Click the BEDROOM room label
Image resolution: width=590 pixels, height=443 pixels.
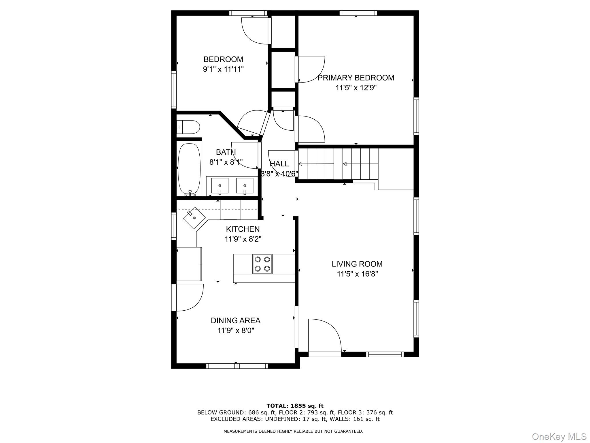coord(223,59)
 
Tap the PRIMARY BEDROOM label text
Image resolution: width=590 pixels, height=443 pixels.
coord(356,78)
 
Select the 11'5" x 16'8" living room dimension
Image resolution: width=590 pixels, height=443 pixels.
coord(357,274)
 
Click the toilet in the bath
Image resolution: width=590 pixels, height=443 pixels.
coord(188,127)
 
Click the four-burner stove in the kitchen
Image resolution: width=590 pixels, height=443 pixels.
coord(262,264)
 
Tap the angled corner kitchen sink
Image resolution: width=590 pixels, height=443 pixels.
coord(194,218)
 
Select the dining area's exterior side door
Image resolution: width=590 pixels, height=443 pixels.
coord(174,298)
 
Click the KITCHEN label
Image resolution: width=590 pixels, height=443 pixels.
coord(243,229)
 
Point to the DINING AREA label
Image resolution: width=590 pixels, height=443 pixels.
coord(235,320)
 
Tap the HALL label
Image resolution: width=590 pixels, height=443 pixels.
coord(279,164)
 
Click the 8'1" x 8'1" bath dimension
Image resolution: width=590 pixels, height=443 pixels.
coord(226,162)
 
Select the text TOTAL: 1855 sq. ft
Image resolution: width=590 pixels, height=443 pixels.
coord(295,406)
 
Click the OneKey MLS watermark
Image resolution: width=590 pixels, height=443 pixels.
coord(559,436)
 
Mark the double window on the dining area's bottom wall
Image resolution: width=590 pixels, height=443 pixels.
coord(237,366)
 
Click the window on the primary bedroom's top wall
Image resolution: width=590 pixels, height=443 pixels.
coord(358,13)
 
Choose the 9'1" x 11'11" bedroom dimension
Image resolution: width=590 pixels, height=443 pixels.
coord(223,69)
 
